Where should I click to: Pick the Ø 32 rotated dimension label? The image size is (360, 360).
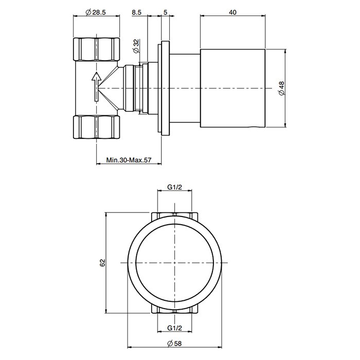(x=136, y=46)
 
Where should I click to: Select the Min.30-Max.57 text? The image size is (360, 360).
(x=129, y=160)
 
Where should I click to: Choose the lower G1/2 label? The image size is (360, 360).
(x=175, y=328)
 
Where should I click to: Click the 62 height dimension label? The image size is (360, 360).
(x=102, y=262)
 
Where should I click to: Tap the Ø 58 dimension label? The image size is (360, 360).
(x=175, y=344)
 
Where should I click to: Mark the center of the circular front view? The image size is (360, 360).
(x=175, y=262)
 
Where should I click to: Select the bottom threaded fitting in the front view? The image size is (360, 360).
(x=175, y=310)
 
